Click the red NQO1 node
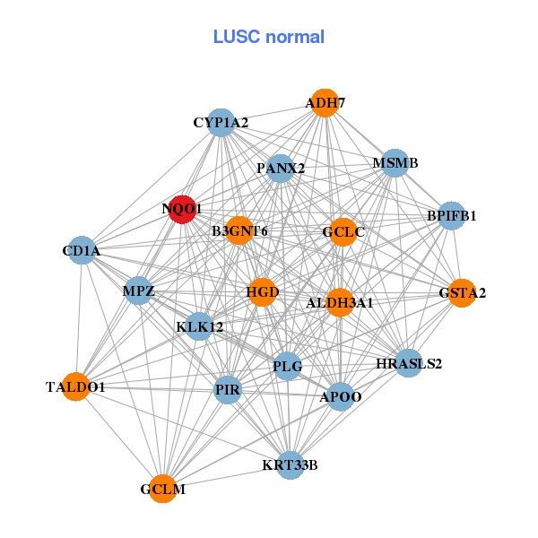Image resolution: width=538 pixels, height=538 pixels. point(182,209)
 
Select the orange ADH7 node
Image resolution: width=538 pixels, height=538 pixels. point(325,103)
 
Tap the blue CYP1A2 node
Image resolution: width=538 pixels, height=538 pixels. point(221,122)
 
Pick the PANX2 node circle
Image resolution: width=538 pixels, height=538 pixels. point(281,168)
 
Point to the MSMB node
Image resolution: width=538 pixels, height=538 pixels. point(395,163)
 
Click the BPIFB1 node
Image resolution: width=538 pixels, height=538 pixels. point(451,215)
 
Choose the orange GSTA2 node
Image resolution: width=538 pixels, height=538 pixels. point(462,293)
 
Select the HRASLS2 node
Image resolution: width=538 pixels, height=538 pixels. point(409,363)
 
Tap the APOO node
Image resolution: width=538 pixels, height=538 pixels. point(340,396)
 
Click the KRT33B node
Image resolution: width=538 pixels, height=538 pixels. point(290,464)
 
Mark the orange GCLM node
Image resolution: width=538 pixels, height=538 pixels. point(162,489)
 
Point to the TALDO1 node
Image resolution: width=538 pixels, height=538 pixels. point(76,386)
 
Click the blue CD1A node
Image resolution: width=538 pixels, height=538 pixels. point(82,251)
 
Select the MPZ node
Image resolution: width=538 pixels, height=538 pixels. point(139,291)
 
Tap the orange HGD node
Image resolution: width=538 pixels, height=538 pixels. point(262,292)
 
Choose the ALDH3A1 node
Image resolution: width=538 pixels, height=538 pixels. point(340,302)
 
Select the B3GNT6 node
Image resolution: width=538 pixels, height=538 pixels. point(239,231)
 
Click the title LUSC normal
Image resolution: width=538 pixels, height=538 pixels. point(268,37)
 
